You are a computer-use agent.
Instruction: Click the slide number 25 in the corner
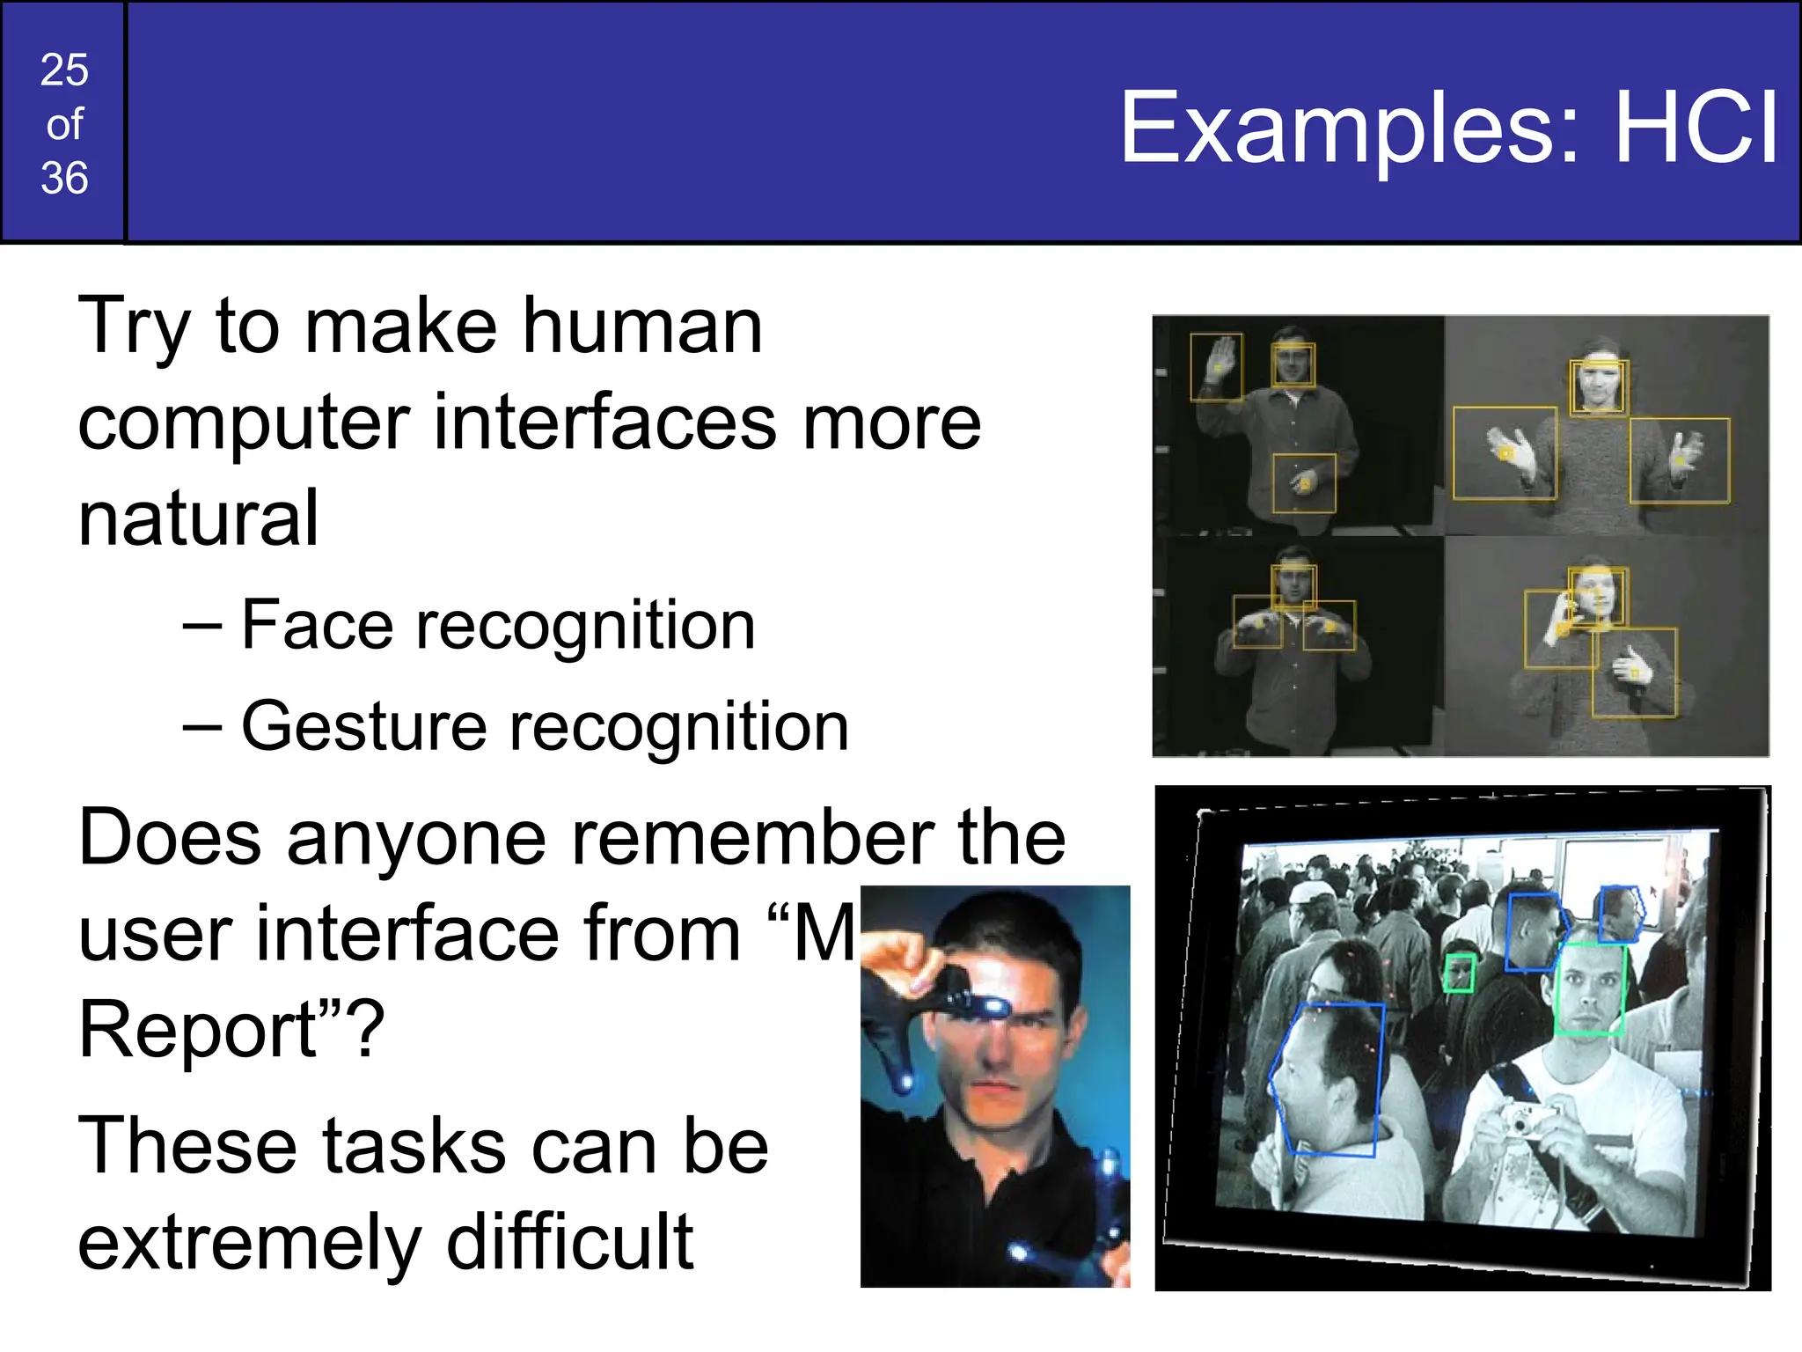(x=64, y=70)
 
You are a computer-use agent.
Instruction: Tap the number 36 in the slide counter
(x=64, y=179)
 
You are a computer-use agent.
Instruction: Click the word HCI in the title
(x=1696, y=129)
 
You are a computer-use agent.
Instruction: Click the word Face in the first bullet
(x=317, y=625)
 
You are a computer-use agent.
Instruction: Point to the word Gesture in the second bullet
(x=363, y=727)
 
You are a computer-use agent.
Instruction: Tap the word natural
(x=198, y=519)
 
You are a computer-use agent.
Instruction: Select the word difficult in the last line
(x=570, y=1242)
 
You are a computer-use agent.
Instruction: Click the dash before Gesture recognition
(x=201, y=727)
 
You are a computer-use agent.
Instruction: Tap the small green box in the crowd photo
(x=1460, y=973)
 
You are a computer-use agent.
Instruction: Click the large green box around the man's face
(x=1590, y=988)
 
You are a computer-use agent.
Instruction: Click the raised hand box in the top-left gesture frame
(x=1217, y=367)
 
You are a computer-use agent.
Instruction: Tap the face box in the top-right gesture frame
(x=1598, y=386)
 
